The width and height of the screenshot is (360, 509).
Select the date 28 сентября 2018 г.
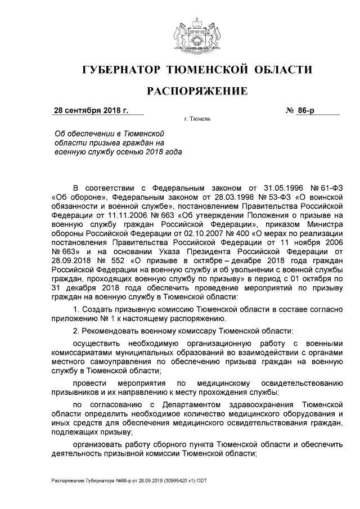click(x=91, y=110)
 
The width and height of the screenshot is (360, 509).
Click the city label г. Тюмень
click(x=197, y=120)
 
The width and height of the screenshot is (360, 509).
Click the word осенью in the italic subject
click(x=136, y=153)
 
